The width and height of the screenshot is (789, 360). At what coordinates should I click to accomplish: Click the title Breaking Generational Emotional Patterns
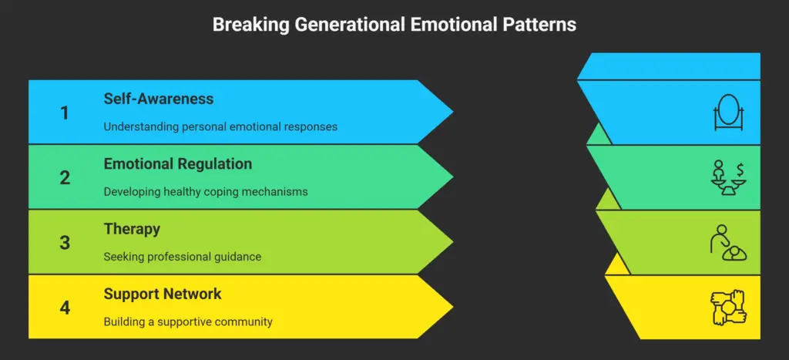click(x=394, y=25)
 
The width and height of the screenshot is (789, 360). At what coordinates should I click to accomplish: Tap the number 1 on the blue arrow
click(x=65, y=113)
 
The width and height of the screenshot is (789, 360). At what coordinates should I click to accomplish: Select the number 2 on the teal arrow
click(x=65, y=177)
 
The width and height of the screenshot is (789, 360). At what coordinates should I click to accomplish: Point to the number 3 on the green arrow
click(x=65, y=242)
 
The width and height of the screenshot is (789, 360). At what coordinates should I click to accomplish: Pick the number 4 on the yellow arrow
click(x=65, y=307)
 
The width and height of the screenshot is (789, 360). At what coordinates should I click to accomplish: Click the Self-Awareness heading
click(x=159, y=99)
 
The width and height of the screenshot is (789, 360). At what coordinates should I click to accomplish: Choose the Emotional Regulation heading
click(x=178, y=163)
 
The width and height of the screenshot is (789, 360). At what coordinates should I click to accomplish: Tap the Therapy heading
click(x=132, y=228)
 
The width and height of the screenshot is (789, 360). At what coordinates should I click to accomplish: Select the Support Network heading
click(x=163, y=293)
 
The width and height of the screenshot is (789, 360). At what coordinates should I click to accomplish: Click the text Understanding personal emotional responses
click(x=220, y=126)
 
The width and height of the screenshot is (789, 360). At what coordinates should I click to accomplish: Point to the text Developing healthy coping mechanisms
click(x=206, y=191)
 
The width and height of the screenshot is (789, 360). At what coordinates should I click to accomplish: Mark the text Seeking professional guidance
click(x=183, y=256)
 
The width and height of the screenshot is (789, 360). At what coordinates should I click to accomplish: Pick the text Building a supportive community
click(x=188, y=321)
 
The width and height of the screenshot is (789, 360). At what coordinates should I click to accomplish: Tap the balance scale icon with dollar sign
click(x=728, y=177)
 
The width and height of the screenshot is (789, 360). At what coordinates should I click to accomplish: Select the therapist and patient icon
click(x=728, y=243)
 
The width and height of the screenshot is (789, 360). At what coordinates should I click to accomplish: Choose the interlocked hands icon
click(x=728, y=307)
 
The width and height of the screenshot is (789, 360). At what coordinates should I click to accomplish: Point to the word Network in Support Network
click(x=194, y=293)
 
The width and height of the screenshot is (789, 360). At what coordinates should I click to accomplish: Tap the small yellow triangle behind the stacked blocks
click(x=616, y=266)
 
